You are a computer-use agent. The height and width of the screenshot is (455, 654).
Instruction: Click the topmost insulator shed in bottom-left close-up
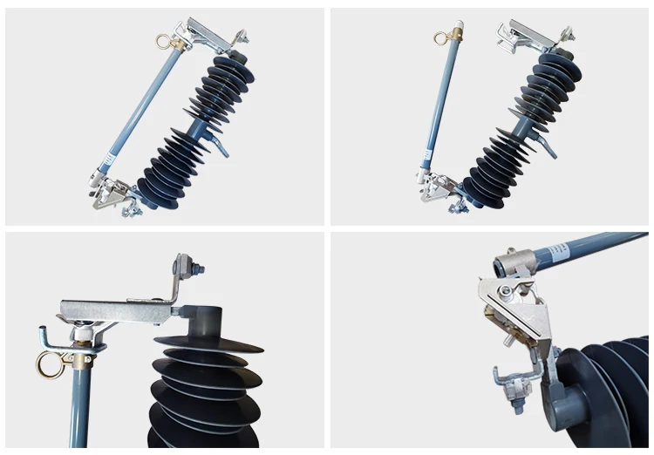(209, 343)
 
